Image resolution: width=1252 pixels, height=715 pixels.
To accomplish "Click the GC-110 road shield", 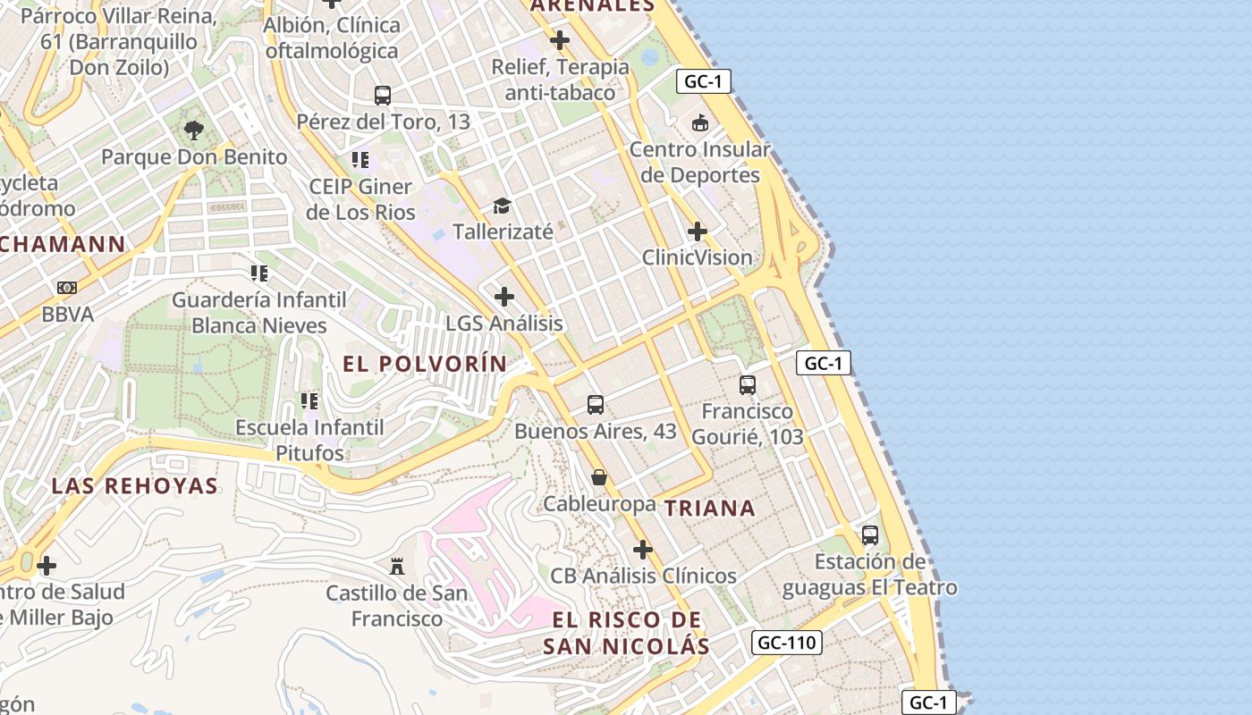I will (788, 643).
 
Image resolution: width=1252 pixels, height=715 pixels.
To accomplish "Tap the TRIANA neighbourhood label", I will (710, 509).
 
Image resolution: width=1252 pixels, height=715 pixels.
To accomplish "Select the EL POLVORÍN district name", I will (425, 364).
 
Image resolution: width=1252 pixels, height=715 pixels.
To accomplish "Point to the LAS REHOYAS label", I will (134, 486).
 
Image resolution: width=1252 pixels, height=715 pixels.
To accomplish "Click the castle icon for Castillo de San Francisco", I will (397, 566).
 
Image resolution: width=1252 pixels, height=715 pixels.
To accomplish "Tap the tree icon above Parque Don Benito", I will (193, 131).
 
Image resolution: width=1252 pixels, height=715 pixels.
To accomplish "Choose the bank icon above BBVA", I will (67, 288).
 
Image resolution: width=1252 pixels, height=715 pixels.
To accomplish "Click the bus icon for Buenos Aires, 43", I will (596, 404).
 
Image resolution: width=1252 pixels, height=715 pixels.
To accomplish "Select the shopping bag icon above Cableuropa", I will (599, 477).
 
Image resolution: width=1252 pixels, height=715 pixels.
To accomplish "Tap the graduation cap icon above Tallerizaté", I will (502, 206).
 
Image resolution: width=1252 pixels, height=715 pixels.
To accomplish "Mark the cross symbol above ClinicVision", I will (698, 232).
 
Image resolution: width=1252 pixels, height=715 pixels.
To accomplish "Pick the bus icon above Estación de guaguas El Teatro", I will (870, 535).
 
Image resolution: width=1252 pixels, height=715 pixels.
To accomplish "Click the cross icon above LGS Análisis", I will (504, 297).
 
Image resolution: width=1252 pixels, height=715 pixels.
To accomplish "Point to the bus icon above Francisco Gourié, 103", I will (748, 385).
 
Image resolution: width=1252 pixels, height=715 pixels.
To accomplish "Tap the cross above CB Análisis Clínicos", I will (643, 550).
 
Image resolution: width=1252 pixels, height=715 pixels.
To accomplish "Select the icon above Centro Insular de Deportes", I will (699, 123).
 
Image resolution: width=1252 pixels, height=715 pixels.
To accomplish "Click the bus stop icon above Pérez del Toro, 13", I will (383, 96).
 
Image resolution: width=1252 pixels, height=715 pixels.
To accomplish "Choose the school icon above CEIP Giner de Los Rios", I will (360, 160).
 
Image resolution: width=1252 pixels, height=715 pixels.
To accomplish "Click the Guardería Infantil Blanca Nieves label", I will (259, 312).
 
